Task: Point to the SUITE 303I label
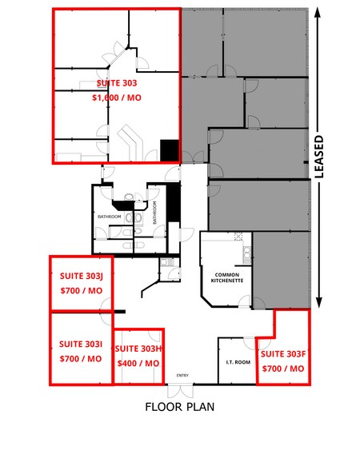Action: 81,344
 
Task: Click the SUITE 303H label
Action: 138,349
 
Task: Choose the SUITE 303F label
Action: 283,353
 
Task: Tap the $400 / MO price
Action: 138,363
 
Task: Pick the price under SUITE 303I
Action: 81,358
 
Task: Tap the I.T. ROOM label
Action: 238,362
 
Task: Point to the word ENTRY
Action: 182,376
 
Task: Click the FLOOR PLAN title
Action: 179,406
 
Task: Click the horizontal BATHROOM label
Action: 109,217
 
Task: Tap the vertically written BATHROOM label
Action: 154,217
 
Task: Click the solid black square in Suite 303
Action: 170,149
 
